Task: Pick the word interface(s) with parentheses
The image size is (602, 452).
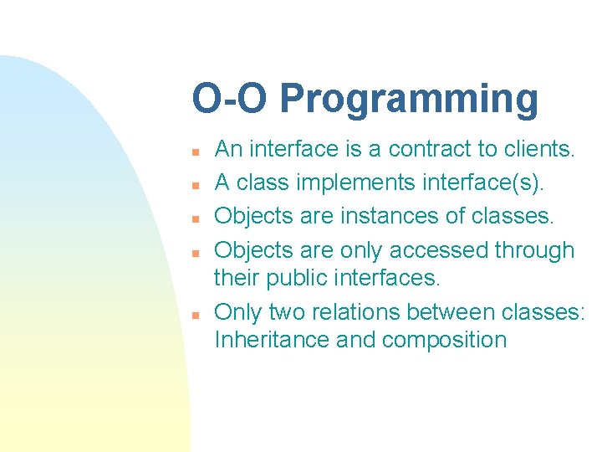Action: click(x=482, y=183)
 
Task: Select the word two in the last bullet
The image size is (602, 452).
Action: click(x=287, y=313)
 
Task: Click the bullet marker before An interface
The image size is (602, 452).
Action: click(x=193, y=152)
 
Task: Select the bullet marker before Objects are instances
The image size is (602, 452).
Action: click(x=193, y=218)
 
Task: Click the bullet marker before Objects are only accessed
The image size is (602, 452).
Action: click(x=193, y=252)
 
